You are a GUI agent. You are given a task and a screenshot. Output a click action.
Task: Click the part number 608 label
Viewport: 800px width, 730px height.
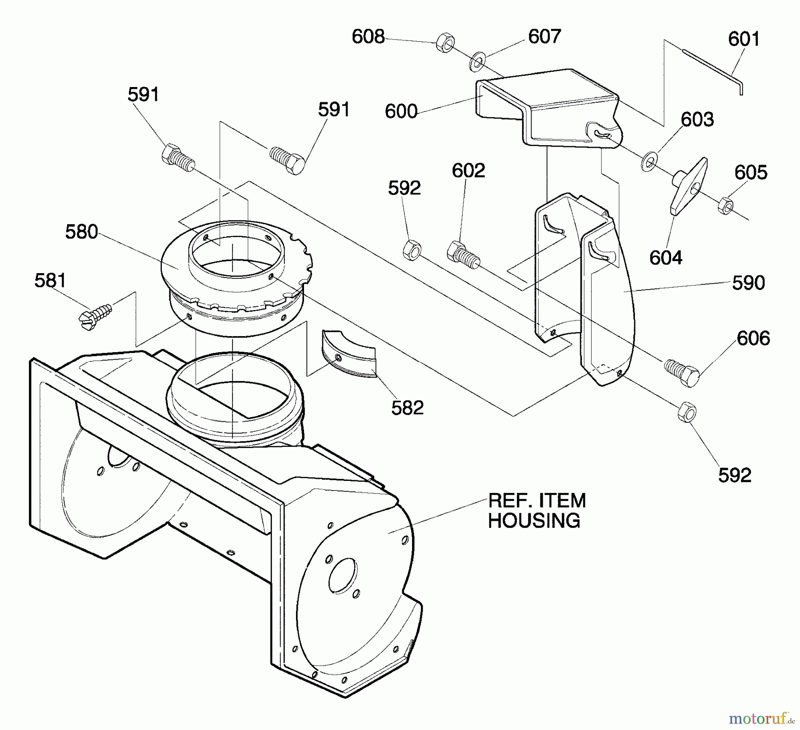[368, 36]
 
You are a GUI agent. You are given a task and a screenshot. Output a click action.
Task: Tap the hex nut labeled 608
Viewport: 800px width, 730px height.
[445, 43]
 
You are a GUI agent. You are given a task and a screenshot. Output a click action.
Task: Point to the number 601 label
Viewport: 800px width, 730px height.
[744, 39]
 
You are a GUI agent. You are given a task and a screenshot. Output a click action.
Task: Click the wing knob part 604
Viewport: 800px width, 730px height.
[689, 184]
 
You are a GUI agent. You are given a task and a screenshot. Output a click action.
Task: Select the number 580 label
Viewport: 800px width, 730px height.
[81, 232]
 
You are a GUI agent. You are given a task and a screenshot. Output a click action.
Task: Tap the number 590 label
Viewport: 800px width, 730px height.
[748, 283]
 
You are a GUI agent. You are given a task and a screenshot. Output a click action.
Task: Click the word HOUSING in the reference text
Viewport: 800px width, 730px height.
[534, 520]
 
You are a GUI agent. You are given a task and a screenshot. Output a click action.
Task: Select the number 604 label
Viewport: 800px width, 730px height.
[665, 258]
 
